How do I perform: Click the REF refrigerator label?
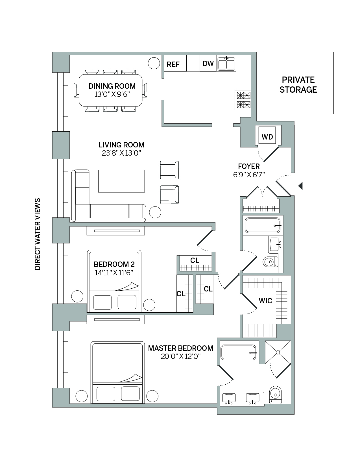click(173, 64)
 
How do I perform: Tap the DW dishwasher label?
click(208, 64)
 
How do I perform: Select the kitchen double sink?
click(226, 64)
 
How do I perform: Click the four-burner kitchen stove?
click(243, 100)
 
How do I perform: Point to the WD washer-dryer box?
click(267, 137)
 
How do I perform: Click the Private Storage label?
click(298, 85)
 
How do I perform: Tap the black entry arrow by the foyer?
click(300, 186)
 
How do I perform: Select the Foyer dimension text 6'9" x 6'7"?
click(249, 175)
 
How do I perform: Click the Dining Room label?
click(112, 86)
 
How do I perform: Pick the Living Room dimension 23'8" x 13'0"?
click(121, 153)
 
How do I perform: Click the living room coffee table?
click(121, 181)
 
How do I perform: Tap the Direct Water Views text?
click(38, 234)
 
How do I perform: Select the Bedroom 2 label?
click(114, 264)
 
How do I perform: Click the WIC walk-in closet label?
click(265, 301)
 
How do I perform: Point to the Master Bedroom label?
click(181, 348)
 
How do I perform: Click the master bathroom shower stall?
click(278, 352)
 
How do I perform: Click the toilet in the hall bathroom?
click(270, 262)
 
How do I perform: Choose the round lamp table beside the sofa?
click(155, 212)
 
